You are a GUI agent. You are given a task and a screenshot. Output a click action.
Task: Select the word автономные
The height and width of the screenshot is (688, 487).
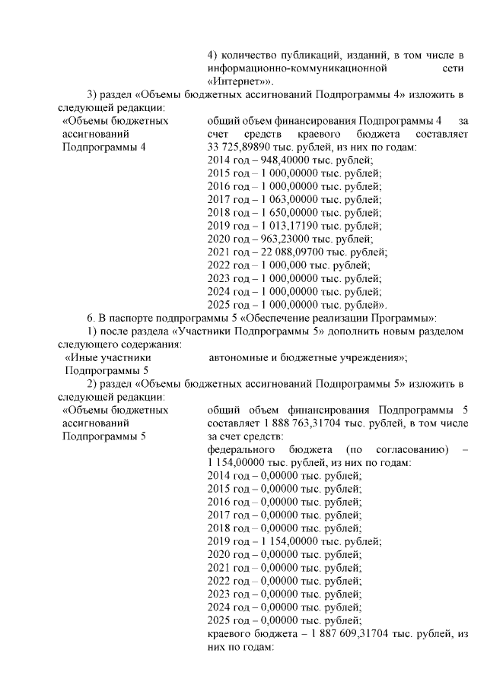[240, 357]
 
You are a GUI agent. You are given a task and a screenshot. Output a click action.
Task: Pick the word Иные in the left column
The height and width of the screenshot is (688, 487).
[78, 357]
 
